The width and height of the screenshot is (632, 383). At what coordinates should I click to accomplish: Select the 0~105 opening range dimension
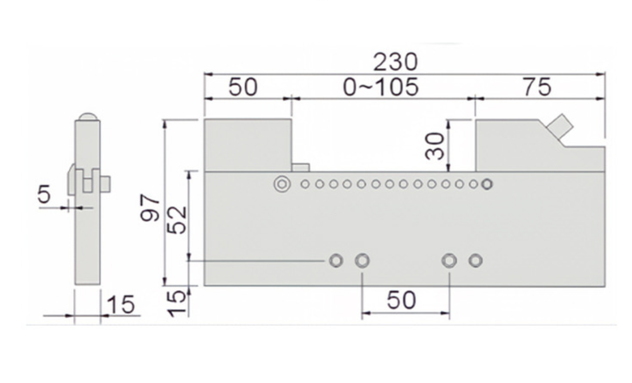point(381,87)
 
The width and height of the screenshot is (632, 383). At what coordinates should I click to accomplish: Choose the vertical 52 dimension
point(178,220)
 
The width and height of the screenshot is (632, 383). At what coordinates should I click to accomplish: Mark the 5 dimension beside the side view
point(44,194)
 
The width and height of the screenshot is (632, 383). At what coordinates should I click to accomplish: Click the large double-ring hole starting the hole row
point(281,184)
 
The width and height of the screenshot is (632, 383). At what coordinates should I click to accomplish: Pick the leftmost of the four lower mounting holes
point(336,261)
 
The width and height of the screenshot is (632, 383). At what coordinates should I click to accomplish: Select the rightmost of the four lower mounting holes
point(475,261)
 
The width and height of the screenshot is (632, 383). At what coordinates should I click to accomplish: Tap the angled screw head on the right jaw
point(561,126)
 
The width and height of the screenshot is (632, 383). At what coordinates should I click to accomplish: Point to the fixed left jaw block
point(248,145)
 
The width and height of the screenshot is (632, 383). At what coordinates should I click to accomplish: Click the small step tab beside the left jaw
point(300,167)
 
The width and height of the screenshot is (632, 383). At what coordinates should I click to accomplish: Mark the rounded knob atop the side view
point(88,116)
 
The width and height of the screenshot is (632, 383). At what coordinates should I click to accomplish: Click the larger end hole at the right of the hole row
point(487,184)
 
